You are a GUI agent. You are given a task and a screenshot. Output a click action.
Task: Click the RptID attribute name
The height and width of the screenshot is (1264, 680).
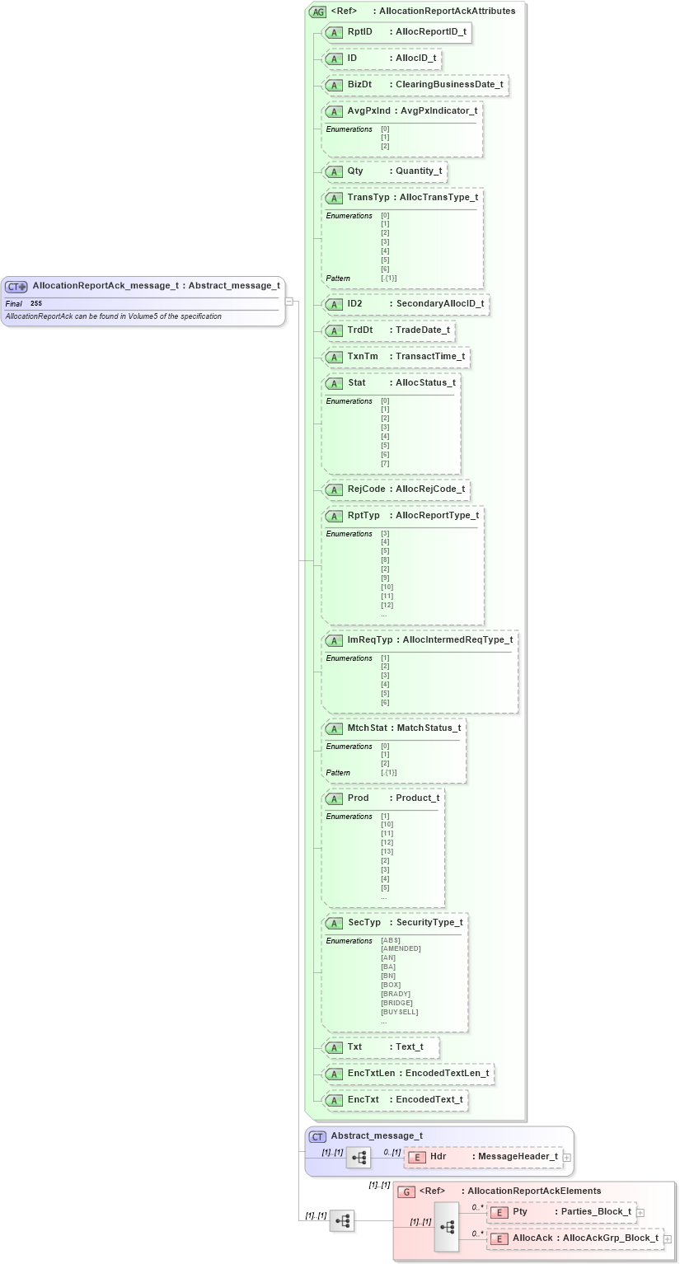coord(359,32)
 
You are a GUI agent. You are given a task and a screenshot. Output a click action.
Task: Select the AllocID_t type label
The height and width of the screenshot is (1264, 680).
coord(415,59)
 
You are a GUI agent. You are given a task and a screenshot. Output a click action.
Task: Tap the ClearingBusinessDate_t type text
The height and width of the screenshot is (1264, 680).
coord(449,85)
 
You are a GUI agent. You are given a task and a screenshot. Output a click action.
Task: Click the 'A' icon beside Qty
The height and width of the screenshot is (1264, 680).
coord(334,172)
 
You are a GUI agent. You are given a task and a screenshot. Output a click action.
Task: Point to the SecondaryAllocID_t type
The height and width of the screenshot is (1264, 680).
coord(440,304)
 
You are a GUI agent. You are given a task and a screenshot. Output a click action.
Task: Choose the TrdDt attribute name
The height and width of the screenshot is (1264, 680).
coord(360,330)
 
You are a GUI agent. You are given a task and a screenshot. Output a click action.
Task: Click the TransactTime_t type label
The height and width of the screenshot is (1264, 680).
coord(430,357)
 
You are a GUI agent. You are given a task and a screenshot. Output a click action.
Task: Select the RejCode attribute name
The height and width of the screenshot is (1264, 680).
coord(367,489)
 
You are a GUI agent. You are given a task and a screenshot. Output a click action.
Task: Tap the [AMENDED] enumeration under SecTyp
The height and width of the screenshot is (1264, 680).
coord(401,948)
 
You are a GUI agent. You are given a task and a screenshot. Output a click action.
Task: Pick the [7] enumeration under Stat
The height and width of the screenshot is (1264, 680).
coord(385,463)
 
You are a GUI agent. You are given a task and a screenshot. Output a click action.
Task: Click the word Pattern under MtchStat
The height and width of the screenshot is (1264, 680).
coord(338,773)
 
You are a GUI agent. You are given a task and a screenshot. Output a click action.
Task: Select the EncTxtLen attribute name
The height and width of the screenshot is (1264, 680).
coord(371,1073)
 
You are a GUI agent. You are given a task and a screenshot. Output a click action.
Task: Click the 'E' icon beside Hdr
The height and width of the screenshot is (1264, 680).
coord(417,1157)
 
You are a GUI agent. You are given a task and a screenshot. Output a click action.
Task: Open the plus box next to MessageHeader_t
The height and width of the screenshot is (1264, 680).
coord(567,1158)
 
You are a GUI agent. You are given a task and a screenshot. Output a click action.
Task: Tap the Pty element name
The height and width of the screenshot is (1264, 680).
coord(520,1212)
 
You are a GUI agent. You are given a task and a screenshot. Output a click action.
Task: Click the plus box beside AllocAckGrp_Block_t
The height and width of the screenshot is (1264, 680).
coord(668,1238)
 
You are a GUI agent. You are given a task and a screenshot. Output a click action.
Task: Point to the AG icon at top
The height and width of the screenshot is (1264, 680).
coord(317,12)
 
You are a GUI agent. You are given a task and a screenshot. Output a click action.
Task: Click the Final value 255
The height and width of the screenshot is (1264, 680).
coord(36,304)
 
